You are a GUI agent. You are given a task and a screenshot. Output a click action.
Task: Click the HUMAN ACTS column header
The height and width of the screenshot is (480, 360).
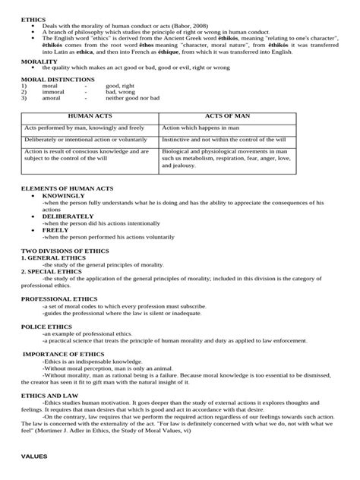pos(89,117)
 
